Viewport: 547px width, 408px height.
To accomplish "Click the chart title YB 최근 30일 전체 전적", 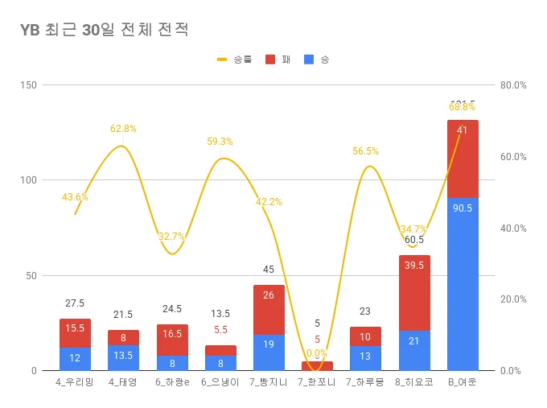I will [x=105, y=30].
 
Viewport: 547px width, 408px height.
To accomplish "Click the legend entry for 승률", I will [x=233, y=60].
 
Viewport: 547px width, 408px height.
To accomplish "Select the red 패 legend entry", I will [x=278, y=60].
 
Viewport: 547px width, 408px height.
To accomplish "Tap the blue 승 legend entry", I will [x=317, y=60].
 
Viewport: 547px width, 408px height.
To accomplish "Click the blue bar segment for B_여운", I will [x=463, y=284].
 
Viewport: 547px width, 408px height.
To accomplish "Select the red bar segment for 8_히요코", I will [x=414, y=293].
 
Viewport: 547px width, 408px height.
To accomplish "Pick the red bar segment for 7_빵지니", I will [x=269, y=310].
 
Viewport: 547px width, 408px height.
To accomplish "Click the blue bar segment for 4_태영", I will [x=123, y=357].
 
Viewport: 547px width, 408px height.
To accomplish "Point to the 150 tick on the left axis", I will [x=28, y=84].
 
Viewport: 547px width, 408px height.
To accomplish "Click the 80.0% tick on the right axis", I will [x=512, y=84].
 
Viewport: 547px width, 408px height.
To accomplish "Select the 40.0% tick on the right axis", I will [x=512, y=228].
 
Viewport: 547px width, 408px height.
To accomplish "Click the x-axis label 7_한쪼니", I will [x=317, y=381].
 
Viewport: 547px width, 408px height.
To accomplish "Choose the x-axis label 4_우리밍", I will [x=75, y=381].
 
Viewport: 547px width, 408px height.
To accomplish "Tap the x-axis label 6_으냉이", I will [x=220, y=381].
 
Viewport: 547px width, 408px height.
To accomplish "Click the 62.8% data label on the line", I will [x=123, y=129].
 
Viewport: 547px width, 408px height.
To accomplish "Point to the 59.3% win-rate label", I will [x=220, y=142].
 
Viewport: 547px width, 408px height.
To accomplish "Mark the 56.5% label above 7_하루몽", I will [x=365, y=150].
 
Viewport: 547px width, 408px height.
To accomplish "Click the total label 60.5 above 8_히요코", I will [x=414, y=240].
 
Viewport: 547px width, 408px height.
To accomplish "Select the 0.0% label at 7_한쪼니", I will [x=317, y=353].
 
